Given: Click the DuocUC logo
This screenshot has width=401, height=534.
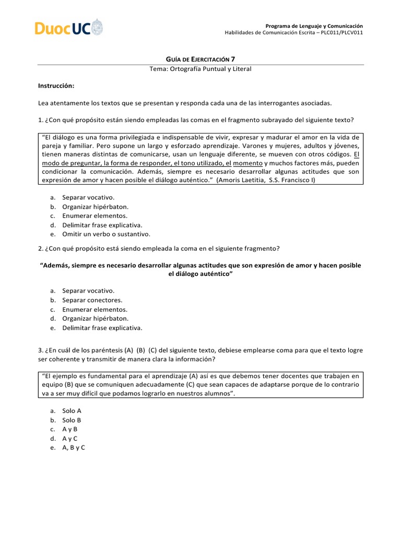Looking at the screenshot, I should [x=69, y=28].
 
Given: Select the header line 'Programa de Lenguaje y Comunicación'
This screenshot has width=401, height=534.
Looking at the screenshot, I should [x=314, y=26].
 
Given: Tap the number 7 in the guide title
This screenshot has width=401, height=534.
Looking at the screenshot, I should [x=240, y=60].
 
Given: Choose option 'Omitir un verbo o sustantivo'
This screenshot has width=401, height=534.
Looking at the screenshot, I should [x=106, y=234].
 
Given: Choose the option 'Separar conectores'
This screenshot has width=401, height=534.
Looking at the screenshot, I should [x=92, y=300].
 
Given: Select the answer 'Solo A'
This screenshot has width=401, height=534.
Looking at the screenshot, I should [x=72, y=411].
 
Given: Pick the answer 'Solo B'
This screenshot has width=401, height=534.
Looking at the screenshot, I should [x=72, y=420].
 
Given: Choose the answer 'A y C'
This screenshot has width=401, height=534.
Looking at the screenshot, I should [x=70, y=438].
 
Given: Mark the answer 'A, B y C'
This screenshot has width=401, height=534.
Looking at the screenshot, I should [x=74, y=447].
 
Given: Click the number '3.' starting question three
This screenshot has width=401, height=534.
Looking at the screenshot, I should [x=41, y=350].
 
